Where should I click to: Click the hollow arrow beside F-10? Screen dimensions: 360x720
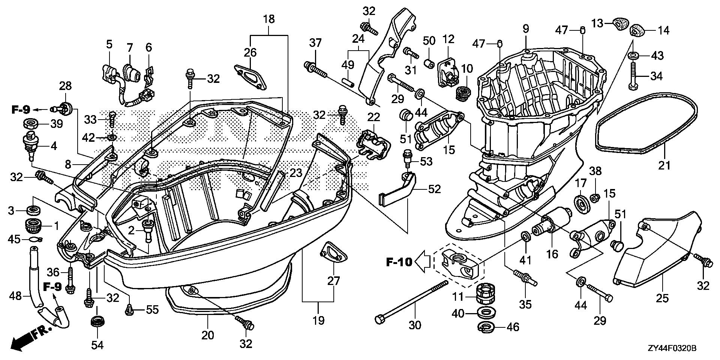pyautogui.click(x=422, y=261)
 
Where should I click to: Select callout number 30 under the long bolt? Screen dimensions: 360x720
pyautogui.click(x=415, y=325)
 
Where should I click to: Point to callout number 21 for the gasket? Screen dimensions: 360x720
pyautogui.click(x=664, y=165)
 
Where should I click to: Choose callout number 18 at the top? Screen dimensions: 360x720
pyautogui.click(x=269, y=19)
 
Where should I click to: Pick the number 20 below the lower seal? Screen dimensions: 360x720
pyautogui.click(x=208, y=335)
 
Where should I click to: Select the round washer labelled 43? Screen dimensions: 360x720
pyautogui.click(x=633, y=56)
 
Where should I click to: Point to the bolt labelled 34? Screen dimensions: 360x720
pyautogui.click(x=633, y=76)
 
